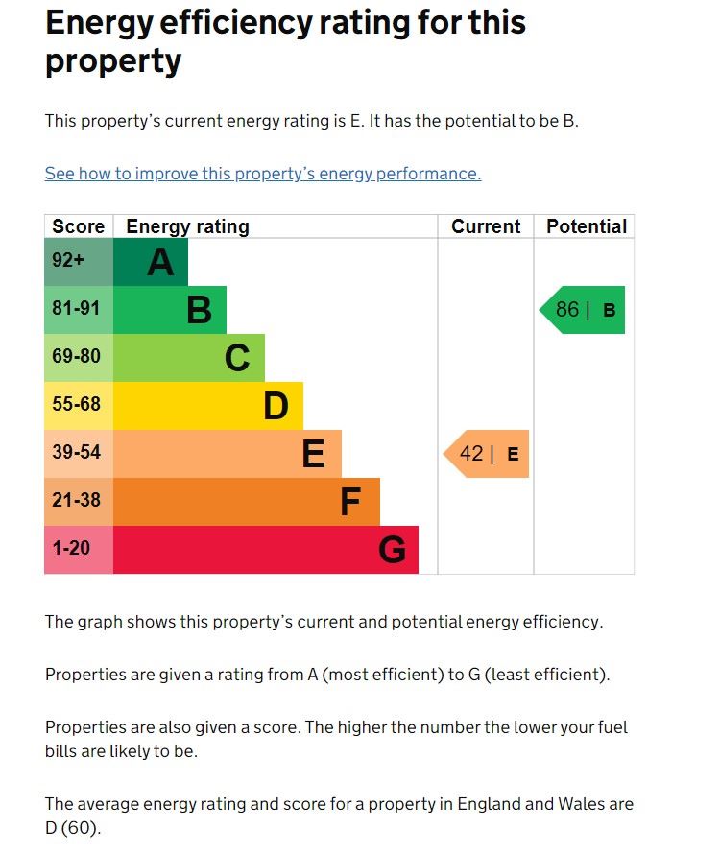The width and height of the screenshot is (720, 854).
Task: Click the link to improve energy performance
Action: click(x=262, y=174)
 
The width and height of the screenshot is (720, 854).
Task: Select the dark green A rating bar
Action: click(x=151, y=262)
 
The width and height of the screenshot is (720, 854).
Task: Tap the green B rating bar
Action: click(x=170, y=310)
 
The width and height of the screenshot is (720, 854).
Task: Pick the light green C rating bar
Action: click(x=189, y=358)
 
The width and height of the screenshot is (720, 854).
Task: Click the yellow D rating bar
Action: click(x=208, y=406)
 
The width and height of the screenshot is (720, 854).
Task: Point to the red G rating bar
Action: click(x=266, y=550)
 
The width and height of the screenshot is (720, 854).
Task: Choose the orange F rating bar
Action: click(x=247, y=502)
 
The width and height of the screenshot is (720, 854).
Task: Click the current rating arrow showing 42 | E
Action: click(x=487, y=454)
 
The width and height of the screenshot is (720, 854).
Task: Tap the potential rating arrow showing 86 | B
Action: click(x=583, y=310)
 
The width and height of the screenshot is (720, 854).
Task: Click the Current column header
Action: click(x=486, y=226)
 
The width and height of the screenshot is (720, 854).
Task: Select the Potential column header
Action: click(x=586, y=226)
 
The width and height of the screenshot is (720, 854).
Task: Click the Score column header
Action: click(x=79, y=226)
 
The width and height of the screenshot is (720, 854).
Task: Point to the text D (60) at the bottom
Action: click(x=73, y=828)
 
